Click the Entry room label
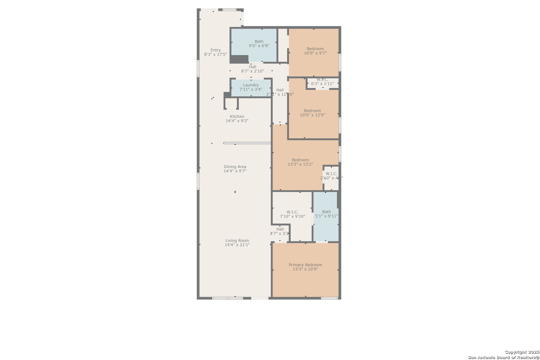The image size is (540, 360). tap(216, 50)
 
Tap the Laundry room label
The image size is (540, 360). tap(251, 85)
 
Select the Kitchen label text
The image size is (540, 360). tap(237, 117)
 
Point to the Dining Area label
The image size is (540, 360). tap(235, 167)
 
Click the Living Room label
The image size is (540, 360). tap(237, 241)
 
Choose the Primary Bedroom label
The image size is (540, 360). tap(305, 265)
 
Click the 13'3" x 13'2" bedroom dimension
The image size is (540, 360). tap(300, 164)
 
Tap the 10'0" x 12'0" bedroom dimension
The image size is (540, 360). tap(312, 115)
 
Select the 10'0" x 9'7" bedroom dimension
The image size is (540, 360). tap(315, 53)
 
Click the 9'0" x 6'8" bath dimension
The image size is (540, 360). tap(259, 46)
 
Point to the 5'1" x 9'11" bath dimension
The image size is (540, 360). tap(326, 216)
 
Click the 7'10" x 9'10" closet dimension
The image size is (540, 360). tap(292, 216)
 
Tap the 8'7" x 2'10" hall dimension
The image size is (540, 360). tap(252, 71)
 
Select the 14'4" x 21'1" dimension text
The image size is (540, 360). tap(237, 245)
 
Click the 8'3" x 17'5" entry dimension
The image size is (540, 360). tap(215, 54)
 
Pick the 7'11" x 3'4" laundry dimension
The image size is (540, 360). tap(251, 89)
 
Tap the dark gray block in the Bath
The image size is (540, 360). tap(239, 59)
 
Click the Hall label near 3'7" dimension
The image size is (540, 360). tap(280, 229)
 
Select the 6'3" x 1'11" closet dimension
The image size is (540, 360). tap(322, 84)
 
